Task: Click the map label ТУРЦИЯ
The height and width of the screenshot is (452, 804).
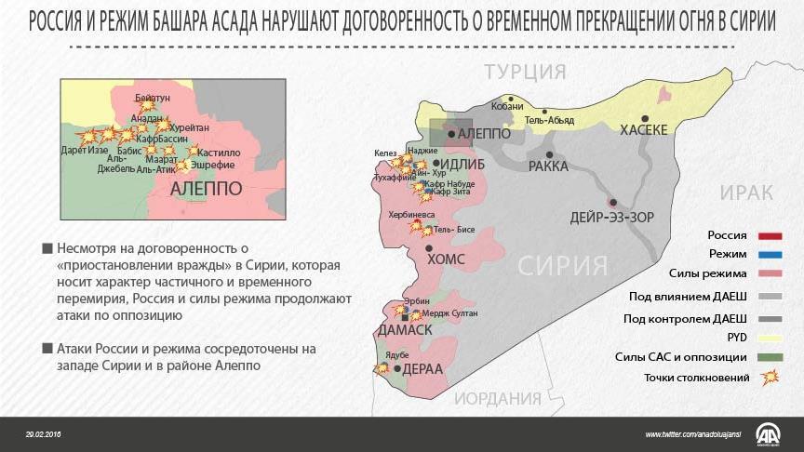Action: click(525, 73)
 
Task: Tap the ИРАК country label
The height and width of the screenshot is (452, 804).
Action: click(746, 193)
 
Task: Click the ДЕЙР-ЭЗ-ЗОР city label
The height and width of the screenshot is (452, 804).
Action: click(612, 218)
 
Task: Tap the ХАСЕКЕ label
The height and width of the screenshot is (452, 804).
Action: click(644, 131)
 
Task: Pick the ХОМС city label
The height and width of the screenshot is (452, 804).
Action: click(445, 260)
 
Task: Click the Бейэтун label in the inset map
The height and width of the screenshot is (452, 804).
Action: click(153, 97)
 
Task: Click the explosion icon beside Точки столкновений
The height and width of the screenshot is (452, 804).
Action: click(769, 377)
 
